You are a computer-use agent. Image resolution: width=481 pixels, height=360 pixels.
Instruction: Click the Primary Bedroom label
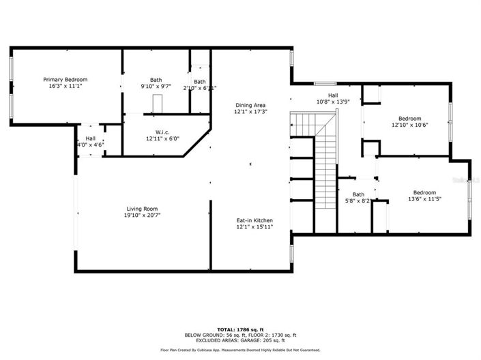65,80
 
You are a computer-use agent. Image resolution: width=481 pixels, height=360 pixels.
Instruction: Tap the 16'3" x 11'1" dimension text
65,87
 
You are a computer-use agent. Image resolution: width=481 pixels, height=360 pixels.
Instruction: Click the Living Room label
142,209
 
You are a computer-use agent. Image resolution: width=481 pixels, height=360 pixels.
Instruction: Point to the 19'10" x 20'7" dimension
142,215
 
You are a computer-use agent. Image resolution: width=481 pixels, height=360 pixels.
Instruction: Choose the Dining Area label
250,105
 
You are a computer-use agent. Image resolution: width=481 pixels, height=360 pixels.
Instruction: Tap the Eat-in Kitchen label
254,220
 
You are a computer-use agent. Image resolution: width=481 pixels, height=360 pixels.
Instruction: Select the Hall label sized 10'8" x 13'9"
333,95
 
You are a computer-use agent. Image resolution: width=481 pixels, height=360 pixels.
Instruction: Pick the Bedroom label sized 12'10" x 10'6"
410,118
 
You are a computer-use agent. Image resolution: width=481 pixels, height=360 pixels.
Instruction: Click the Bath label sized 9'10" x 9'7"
156,80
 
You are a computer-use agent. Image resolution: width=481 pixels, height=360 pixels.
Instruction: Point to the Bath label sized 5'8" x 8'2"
358,194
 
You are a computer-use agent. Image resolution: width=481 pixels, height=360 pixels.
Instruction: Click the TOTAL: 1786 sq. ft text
240,329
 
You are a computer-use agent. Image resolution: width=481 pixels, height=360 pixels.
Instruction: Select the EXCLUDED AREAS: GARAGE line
240,340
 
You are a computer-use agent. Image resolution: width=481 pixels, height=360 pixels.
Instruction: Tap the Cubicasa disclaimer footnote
240,350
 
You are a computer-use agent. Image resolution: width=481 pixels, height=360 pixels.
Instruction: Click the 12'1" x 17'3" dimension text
250,112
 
